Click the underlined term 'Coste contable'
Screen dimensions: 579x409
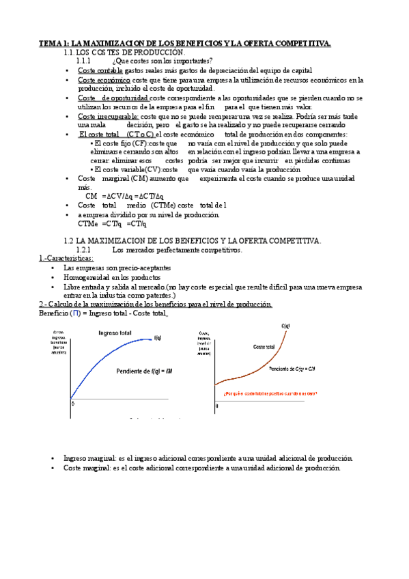pyautogui.click(x=100, y=70)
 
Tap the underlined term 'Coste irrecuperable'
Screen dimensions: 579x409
pyautogui.click(x=109, y=117)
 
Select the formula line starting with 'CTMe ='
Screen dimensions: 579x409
pyautogui.click(x=112, y=223)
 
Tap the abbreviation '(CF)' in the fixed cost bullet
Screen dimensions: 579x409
pyautogui.click(x=139, y=144)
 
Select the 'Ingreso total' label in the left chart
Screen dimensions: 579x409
pyautogui.click(x=115, y=332)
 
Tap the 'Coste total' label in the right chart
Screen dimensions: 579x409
pyautogui.click(x=264, y=347)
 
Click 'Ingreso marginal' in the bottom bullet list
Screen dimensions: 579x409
pyautogui.click(x=89, y=458)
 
